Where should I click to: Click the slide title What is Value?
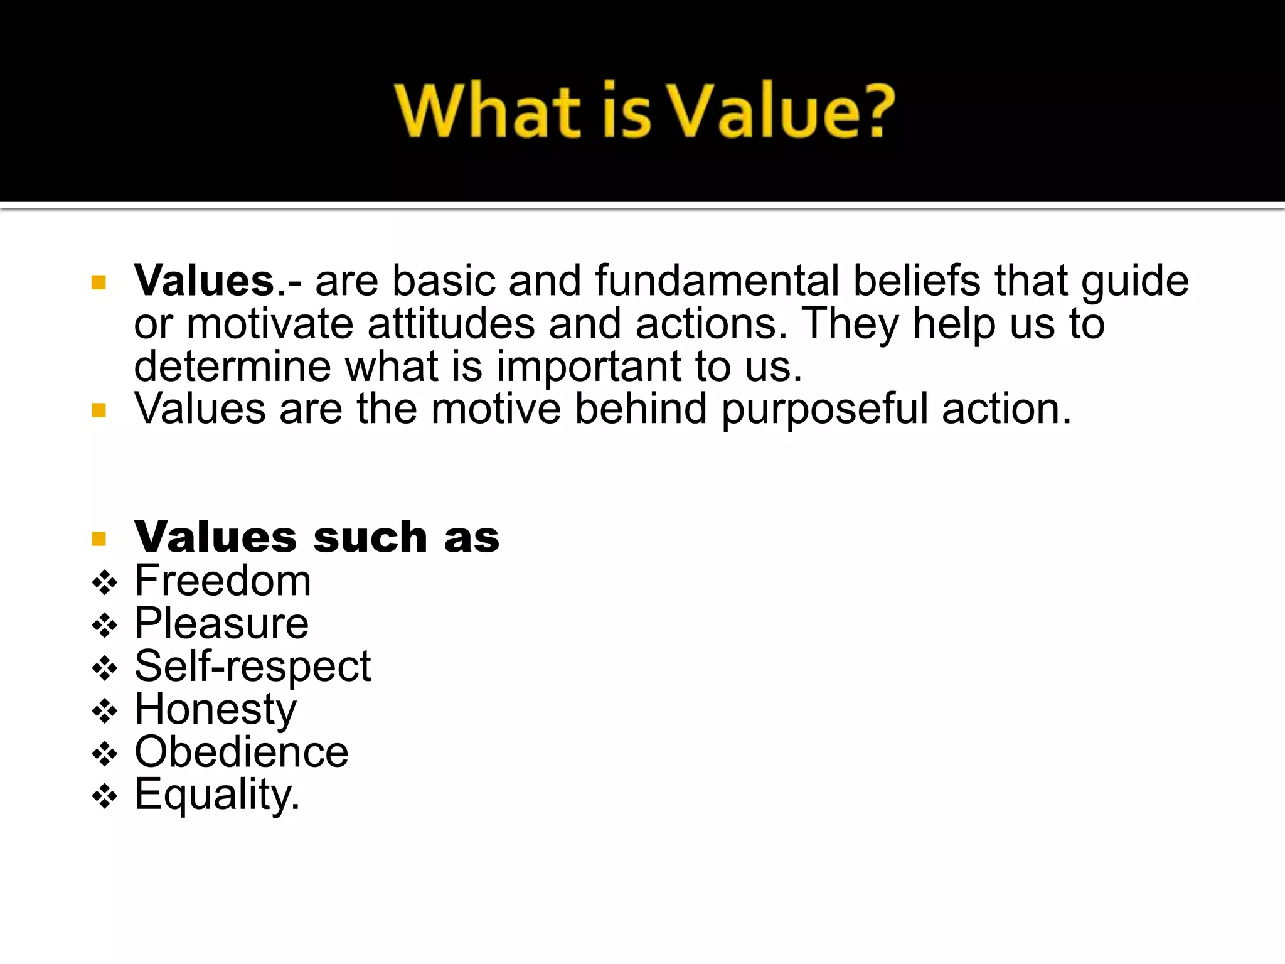[x=645, y=110]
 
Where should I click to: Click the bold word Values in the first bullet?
[x=205, y=281]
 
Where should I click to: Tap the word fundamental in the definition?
[x=717, y=281]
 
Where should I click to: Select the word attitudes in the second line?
[x=451, y=324]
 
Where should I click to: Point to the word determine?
[x=232, y=367]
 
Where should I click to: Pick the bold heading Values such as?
[x=317, y=537]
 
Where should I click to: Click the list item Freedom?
[x=223, y=581]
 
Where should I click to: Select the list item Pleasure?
[x=221, y=623]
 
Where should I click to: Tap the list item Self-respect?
[x=252, y=666]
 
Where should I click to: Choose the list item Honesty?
[x=215, y=709]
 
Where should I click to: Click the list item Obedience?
[x=241, y=752]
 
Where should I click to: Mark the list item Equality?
[x=217, y=795]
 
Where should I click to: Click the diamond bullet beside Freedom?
[x=104, y=583]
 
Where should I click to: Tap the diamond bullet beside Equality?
[x=104, y=797]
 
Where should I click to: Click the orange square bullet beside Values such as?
[x=99, y=538]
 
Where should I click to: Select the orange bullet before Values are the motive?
[x=99, y=410]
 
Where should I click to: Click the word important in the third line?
[x=589, y=367]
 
